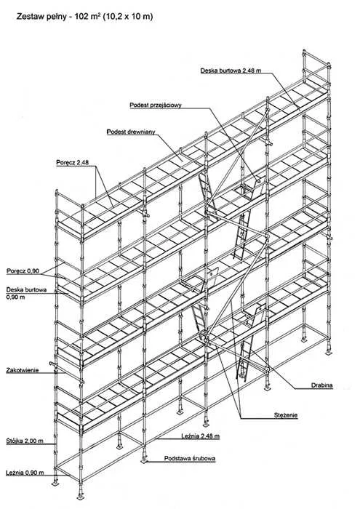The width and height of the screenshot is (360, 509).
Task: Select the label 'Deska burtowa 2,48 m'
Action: pyautogui.click(x=231, y=71)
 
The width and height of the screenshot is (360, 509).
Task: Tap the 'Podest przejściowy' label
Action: pyautogui.click(x=156, y=105)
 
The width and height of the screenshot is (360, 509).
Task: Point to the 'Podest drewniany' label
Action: pyautogui.click(x=131, y=132)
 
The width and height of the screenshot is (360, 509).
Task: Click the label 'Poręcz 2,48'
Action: pyautogui.click(x=73, y=162)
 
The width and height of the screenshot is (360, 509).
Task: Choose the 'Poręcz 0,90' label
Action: pyautogui.click(x=23, y=270)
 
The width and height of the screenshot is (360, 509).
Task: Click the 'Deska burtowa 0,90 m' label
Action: pyautogui.click(x=26, y=293)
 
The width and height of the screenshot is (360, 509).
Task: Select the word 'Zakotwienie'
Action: pyautogui.click(x=23, y=370)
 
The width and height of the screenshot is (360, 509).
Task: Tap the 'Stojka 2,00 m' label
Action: pyautogui.click(x=25, y=441)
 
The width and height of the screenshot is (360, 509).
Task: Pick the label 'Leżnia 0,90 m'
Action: pyautogui.click(x=25, y=473)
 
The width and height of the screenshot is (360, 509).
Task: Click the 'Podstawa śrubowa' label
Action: pyautogui.click(x=190, y=458)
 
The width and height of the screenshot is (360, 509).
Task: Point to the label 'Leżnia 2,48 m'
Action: pyautogui.click(x=200, y=436)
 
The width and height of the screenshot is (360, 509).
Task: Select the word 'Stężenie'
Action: pyautogui.click(x=286, y=415)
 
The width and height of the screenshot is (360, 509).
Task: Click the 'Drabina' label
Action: pyautogui.click(x=322, y=385)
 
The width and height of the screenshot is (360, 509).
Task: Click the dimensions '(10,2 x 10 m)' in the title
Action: pyautogui.click(x=128, y=16)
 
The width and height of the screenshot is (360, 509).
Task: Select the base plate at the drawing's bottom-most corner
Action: pyautogui.click(x=80, y=497)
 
